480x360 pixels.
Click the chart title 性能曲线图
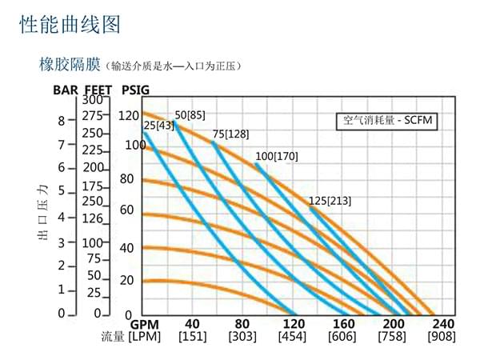[70, 25]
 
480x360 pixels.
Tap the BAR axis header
[66, 90]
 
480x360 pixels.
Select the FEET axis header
[98, 90]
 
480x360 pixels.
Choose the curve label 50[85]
[190, 114]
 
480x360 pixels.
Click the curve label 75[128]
[230, 134]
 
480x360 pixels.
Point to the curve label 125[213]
[330, 200]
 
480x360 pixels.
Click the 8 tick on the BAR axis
[61, 121]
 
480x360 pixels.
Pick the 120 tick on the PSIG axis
[129, 116]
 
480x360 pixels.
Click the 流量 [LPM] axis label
[132, 338]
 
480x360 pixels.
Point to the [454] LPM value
[293, 338]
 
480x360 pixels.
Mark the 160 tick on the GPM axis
[343, 324]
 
